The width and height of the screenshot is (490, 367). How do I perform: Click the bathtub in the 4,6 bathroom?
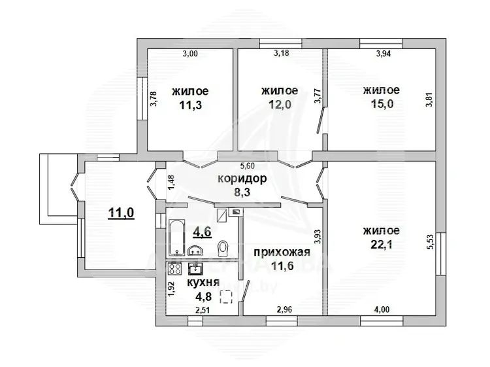click(x=176, y=237)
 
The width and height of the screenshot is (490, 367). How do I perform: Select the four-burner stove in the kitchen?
click(x=174, y=269)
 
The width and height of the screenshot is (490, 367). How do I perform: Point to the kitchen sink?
click(x=195, y=268)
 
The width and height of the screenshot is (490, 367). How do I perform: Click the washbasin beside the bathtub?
click(x=195, y=250)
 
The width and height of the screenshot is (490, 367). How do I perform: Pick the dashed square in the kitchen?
click(x=226, y=297)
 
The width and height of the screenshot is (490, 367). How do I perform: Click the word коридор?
click(x=242, y=179)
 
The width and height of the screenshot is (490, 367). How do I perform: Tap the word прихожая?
click(x=282, y=252)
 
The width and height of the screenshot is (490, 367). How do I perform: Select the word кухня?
click(x=203, y=282)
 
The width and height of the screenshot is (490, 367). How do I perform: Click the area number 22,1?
click(x=382, y=245)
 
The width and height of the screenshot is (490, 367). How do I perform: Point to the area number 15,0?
click(x=382, y=104)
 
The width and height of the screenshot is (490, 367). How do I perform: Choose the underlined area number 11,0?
click(x=121, y=213)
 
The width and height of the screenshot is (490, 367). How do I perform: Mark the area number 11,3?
click(x=190, y=105)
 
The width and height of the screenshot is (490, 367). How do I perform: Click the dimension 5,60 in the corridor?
click(x=246, y=166)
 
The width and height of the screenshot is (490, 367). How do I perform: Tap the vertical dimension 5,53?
click(x=431, y=241)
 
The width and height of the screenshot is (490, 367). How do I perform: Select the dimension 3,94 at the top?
click(x=383, y=54)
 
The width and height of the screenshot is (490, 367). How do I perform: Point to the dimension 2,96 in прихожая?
click(x=284, y=309)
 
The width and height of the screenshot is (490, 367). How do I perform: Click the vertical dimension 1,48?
click(x=171, y=182)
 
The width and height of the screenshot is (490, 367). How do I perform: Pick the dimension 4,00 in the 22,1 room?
click(x=382, y=309)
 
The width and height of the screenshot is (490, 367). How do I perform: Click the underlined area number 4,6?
click(x=202, y=232)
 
